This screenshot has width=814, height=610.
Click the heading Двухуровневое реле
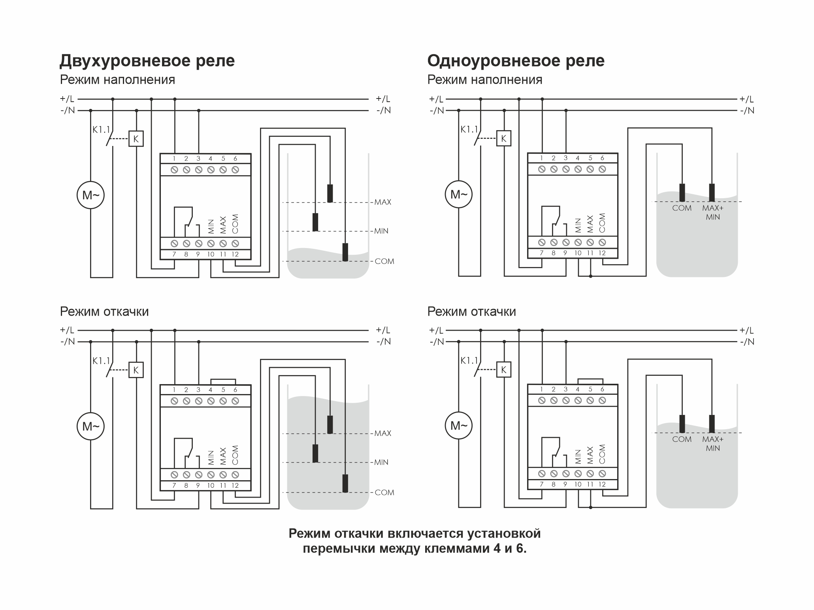[147, 61]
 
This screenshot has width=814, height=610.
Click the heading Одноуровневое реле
[516, 61]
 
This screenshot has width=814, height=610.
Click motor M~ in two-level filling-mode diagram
[90, 195]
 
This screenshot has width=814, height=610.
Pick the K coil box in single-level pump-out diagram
[503, 370]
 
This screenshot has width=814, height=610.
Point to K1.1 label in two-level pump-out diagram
[101, 361]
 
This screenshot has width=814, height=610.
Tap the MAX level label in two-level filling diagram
[383, 202]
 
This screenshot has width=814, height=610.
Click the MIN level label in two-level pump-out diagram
[381, 462]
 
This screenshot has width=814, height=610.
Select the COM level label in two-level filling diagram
[384, 261]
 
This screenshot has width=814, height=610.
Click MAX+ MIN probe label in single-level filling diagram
[713, 212]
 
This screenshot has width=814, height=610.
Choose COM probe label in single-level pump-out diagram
[682, 439]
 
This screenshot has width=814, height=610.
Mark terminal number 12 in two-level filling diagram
[235, 254]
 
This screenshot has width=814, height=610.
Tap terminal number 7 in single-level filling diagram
[541, 253]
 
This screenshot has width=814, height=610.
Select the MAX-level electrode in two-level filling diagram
[330, 193]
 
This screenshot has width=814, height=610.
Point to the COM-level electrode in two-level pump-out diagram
[345, 483]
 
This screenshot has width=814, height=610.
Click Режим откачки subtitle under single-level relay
[471, 312]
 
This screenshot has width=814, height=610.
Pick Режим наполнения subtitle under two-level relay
[117, 80]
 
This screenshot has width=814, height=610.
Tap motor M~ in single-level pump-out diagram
[458, 426]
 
